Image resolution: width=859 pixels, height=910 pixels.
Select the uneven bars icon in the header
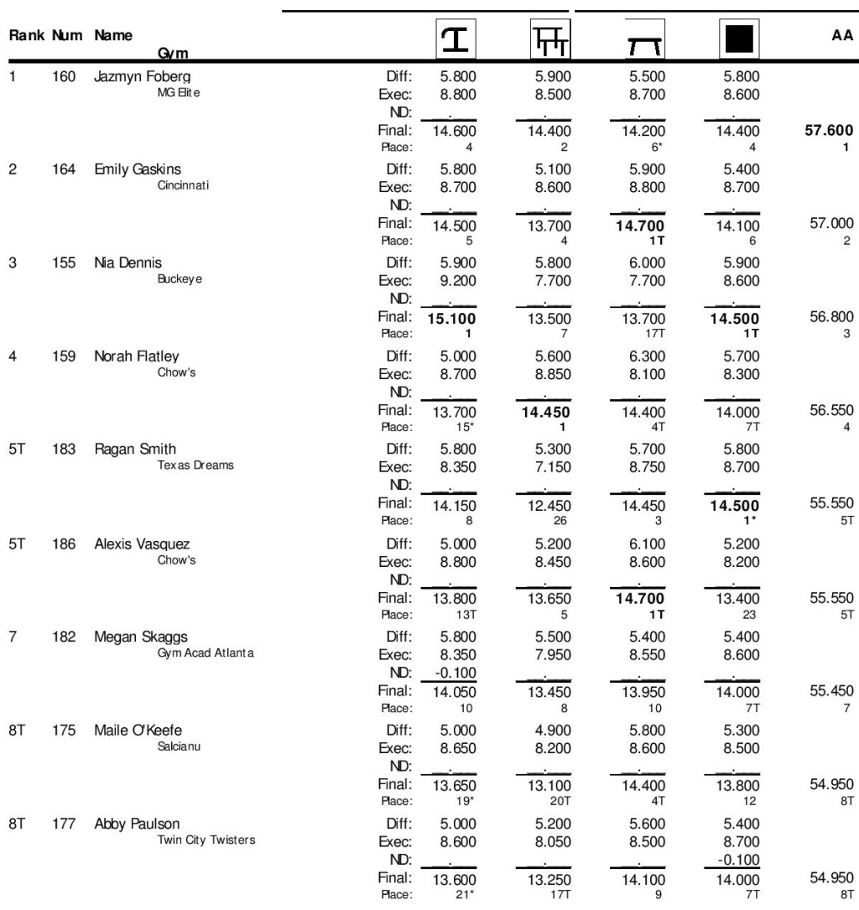551,39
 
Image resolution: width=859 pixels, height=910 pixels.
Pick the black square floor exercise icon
739,39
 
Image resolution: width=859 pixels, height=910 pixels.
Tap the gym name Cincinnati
180,186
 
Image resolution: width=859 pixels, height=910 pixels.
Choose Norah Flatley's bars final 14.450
552,412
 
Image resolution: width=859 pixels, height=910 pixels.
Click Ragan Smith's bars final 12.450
552,506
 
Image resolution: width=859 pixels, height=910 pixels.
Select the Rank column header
25,38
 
